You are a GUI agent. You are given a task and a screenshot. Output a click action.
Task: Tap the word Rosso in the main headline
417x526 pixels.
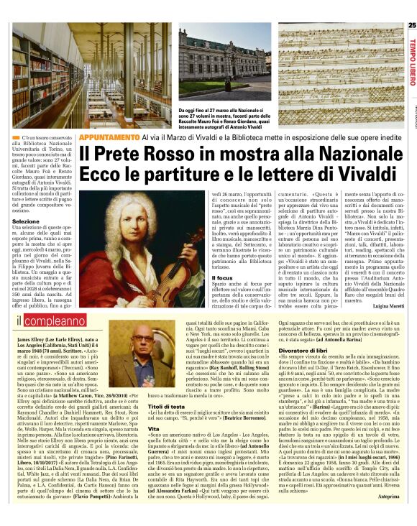pos(162,154)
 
